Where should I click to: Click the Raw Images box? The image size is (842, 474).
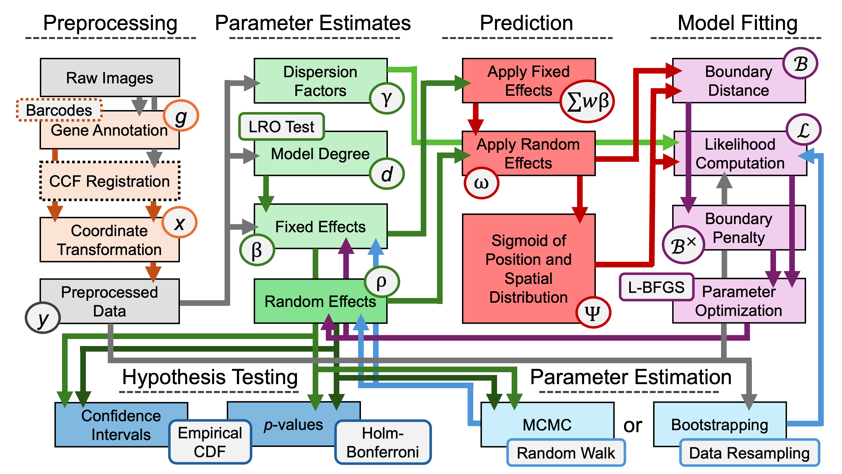(110, 78)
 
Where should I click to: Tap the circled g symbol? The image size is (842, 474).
(181, 116)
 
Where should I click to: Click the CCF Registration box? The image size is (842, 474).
(109, 181)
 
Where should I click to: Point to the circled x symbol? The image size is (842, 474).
(179, 223)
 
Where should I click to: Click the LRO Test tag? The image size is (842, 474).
(282, 127)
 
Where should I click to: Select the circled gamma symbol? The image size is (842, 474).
(387, 98)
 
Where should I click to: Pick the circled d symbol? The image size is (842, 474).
(387, 174)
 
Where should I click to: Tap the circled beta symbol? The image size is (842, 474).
(257, 250)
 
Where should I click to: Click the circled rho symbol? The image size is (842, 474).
(381, 281)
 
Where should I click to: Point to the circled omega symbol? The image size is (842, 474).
(481, 183)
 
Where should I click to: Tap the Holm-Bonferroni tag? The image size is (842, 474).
(383, 442)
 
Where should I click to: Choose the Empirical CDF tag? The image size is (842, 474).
(210, 442)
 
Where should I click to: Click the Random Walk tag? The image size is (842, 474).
(566, 453)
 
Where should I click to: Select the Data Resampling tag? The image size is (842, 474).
(749, 453)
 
